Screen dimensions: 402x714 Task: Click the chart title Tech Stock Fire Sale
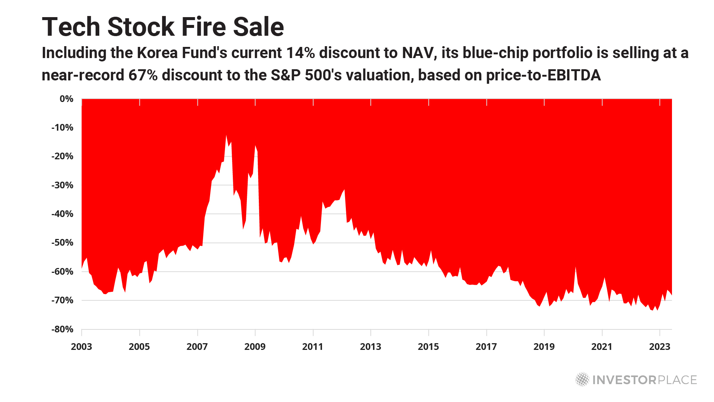pos(163,27)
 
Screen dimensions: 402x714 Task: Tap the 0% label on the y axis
pos(66,99)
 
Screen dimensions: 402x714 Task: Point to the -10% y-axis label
pos(62,128)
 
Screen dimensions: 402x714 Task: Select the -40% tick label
pos(62,214)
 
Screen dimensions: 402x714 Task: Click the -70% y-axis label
pos(62,300)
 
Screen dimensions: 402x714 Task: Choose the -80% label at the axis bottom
pos(62,329)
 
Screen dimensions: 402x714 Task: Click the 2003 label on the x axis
pos(81,347)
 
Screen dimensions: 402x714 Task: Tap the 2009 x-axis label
pos(255,347)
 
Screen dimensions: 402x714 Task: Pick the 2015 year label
pos(428,347)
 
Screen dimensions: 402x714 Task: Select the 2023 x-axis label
pos(660,347)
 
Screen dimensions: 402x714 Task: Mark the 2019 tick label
pos(544,347)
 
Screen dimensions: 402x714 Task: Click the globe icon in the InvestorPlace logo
pos(582,380)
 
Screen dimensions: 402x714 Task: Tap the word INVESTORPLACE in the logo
pos(644,380)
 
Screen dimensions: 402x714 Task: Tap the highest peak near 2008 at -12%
pos(226,135)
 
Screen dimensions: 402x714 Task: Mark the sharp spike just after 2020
pos(576,267)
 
